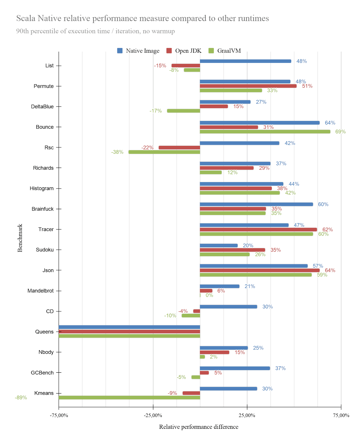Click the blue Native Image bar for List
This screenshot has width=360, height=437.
(x=245, y=61)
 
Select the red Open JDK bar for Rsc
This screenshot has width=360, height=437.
(x=179, y=147)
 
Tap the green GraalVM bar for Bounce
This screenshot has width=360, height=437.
(x=265, y=132)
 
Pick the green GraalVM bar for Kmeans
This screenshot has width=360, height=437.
(x=129, y=398)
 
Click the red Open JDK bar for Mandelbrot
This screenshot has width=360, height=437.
(x=206, y=291)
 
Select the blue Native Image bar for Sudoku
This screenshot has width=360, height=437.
(x=219, y=246)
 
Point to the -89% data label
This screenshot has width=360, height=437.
(x=21, y=398)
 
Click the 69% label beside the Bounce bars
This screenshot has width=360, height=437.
(x=340, y=132)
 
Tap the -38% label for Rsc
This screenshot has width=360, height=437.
(x=117, y=152)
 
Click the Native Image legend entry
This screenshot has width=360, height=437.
(x=138, y=51)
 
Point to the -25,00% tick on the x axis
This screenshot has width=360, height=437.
(x=153, y=415)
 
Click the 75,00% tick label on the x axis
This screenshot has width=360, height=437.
(x=341, y=415)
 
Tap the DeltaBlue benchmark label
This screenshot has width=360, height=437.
(x=42, y=107)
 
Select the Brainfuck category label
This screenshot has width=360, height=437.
(x=43, y=209)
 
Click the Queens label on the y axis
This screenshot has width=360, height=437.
(x=44, y=332)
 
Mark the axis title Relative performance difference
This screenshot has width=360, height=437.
(x=199, y=427)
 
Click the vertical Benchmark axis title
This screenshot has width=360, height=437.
(x=20, y=238)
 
